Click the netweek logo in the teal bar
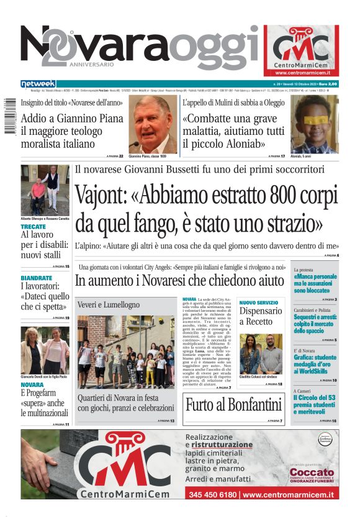pyautogui.click(x=38, y=84)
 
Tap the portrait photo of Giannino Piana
pyautogui.click(x=153, y=124)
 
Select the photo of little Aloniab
pyautogui.click(x=314, y=124)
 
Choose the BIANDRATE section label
pyautogui.click(x=36, y=278)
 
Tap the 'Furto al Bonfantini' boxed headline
pyautogui.click(x=233, y=405)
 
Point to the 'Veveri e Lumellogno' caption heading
pyautogui.click(x=109, y=305)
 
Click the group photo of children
pyautogui.click(x=125, y=352)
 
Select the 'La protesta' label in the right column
pyautogui.click(x=304, y=270)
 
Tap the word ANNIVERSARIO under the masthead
pyautogui.click(x=92, y=64)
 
